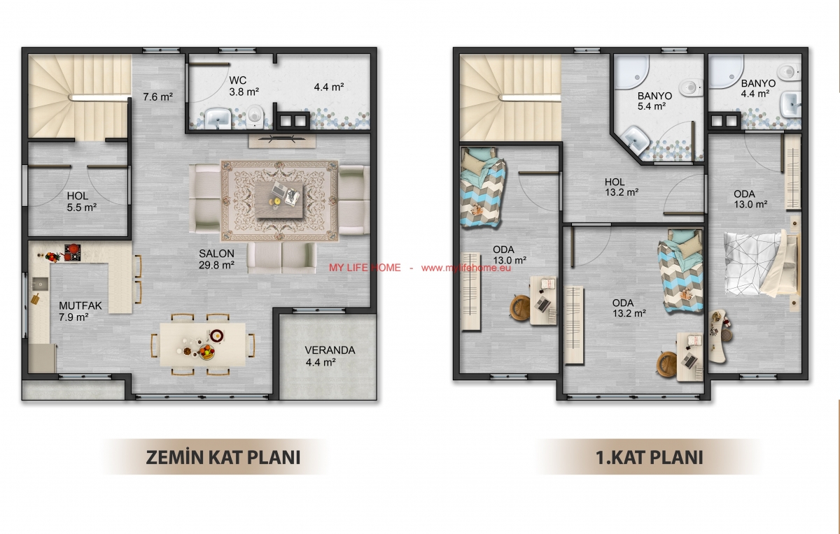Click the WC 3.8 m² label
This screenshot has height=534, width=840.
point(244,86)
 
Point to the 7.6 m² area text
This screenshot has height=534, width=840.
point(158,97)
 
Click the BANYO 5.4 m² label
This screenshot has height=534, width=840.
point(654,101)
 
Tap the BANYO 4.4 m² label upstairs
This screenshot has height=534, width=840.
point(758,88)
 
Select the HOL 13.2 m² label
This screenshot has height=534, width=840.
point(622,187)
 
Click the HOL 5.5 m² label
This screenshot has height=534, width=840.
point(82,201)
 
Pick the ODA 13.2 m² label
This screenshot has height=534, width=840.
point(629,308)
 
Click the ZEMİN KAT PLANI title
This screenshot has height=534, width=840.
point(223,457)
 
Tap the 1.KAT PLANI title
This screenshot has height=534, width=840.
point(650,457)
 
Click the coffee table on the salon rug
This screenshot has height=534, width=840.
point(279,200)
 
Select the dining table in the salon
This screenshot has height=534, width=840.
point(203,345)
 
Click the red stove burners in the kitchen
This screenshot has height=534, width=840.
point(72,252)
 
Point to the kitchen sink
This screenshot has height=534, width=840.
point(40,284)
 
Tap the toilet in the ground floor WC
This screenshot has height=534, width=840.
point(255,114)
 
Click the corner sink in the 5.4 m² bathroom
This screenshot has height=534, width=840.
point(636,140)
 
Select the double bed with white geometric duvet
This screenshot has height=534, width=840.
point(762,264)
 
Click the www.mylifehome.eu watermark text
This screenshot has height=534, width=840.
point(465,268)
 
